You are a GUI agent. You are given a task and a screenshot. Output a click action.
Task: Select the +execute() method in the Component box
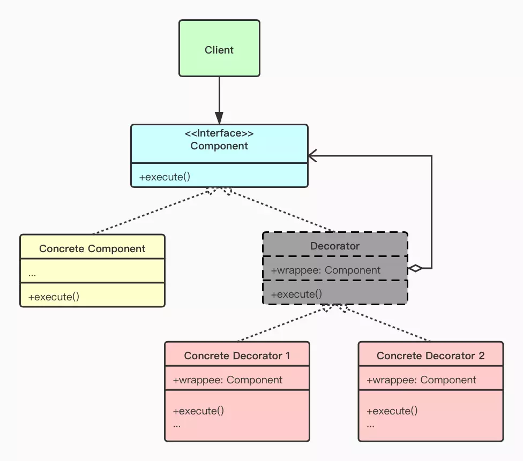(165, 177)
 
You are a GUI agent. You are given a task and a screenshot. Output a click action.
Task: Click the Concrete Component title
(92, 248)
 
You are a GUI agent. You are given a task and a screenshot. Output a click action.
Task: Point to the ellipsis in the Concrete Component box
(32, 273)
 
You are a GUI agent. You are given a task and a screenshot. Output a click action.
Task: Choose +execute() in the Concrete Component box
(54, 297)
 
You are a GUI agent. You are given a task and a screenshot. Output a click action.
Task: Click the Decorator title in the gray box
(335, 246)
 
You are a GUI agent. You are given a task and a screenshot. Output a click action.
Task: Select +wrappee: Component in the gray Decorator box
(326, 270)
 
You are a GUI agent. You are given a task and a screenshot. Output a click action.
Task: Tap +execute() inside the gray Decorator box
(296, 294)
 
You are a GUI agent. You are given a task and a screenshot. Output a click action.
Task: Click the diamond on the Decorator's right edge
(415, 268)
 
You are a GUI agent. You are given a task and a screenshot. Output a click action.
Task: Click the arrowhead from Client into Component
(219, 118)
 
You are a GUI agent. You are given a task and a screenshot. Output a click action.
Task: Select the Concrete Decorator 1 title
(237, 356)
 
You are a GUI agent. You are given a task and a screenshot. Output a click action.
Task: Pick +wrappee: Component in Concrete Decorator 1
(228, 380)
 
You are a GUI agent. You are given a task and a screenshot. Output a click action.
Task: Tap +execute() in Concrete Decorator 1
(198, 411)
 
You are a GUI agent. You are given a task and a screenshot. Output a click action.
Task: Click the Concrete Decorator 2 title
(430, 356)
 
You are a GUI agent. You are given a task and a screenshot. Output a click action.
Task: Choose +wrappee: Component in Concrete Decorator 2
(421, 380)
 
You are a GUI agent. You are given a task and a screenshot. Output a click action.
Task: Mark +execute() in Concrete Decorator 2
(392, 411)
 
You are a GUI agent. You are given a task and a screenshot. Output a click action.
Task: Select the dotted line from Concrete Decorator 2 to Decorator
(386, 323)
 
